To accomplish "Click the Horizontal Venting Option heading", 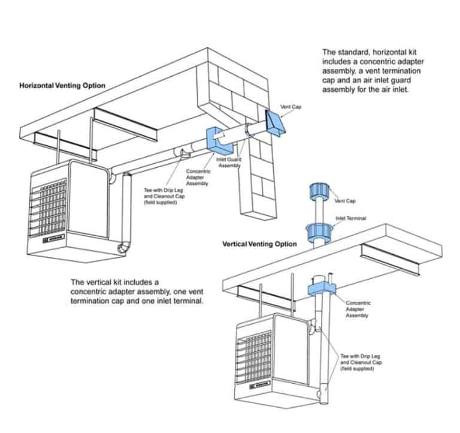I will (62, 86).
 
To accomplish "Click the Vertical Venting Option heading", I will (259, 244).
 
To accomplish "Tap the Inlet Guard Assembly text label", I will (228, 163).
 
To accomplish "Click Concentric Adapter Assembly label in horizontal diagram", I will (197, 178).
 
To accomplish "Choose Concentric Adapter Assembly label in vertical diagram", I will (358, 309).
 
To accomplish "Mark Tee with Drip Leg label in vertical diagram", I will (362, 362).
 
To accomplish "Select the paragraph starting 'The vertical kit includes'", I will (137, 291).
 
